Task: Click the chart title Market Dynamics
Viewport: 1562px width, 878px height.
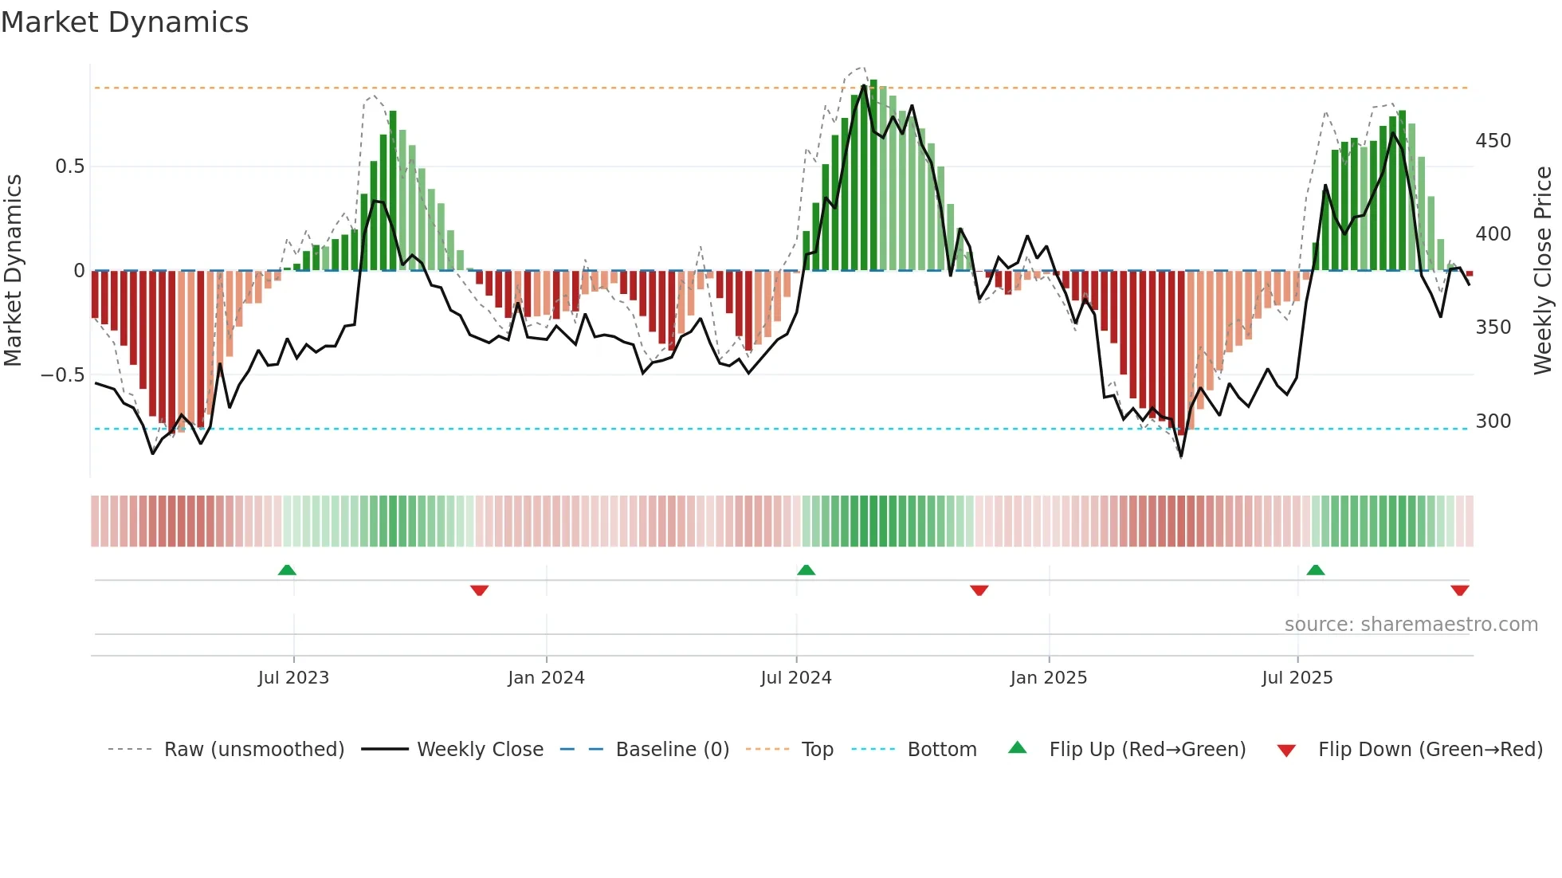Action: pyautogui.click(x=124, y=22)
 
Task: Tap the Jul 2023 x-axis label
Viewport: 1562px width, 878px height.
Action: pyautogui.click(x=293, y=678)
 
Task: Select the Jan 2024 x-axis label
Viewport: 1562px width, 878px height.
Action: pyautogui.click(x=546, y=678)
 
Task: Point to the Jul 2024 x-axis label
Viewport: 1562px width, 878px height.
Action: pyautogui.click(x=795, y=678)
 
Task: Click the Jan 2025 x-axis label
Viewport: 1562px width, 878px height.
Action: pyautogui.click(x=1048, y=678)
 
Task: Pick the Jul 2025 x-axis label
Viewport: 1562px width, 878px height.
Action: pyautogui.click(x=1297, y=678)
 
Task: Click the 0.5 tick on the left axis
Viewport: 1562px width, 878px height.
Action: pyautogui.click(x=69, y=167)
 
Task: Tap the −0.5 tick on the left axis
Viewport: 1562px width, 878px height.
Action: pyautogui.click(x=63, y=375)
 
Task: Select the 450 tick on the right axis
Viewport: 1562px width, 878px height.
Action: pyautogui.click(x=1493, y=141)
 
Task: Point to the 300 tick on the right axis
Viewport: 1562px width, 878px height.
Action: pyautogui.click(x=1493, y=421)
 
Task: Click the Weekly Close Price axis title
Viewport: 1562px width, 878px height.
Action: pyautogui.click(x=1543, y=271)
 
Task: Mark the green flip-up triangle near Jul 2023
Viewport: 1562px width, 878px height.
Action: pyautogui.click(x=287, y=570)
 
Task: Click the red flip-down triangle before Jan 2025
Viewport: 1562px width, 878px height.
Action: pyautogui.click(x=979, y=590)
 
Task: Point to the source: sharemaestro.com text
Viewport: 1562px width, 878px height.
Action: pyautogui.click(x=1411, y=625)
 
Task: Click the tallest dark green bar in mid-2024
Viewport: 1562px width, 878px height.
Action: pyautogui.click(x=873, y=175)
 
